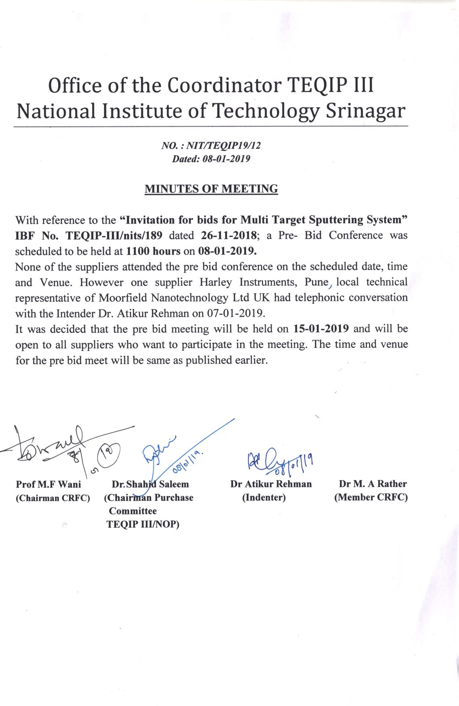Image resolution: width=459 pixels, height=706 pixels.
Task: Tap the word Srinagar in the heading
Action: click(365, 111)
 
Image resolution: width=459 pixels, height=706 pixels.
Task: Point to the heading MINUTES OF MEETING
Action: click(211, 189)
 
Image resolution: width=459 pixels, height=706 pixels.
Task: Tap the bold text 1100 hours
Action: click(153, 251)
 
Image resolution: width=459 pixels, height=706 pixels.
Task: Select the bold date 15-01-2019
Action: click(321, 329)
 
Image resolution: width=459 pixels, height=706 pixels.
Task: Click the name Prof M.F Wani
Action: click(49, 484)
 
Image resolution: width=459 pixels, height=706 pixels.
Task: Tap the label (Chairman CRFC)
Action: click(53, 498)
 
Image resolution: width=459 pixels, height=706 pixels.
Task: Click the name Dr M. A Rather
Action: click(373, 484)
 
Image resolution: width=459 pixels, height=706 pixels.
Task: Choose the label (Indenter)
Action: click(264, 497)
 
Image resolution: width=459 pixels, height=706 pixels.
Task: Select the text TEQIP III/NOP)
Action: click(143, 524)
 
